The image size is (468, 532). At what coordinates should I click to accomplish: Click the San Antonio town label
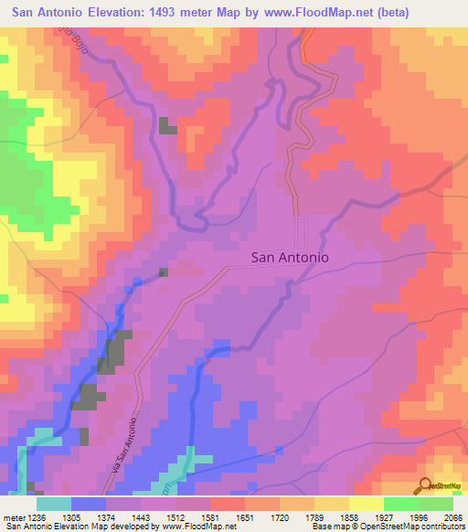(x=289, y=259)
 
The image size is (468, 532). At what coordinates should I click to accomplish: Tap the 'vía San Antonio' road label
(x=137, y=445)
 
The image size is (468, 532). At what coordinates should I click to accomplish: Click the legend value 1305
(x=71, y=517)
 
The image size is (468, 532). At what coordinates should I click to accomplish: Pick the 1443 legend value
(x=141, y=517)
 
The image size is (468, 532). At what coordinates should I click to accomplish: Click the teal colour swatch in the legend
(x=54, y=504)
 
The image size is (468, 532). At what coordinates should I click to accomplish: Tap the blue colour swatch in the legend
(x=89, y=504)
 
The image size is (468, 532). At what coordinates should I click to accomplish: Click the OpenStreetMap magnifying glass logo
(x=423, y=485)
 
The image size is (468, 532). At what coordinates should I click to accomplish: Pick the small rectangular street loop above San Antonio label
(x=301, y=229)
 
